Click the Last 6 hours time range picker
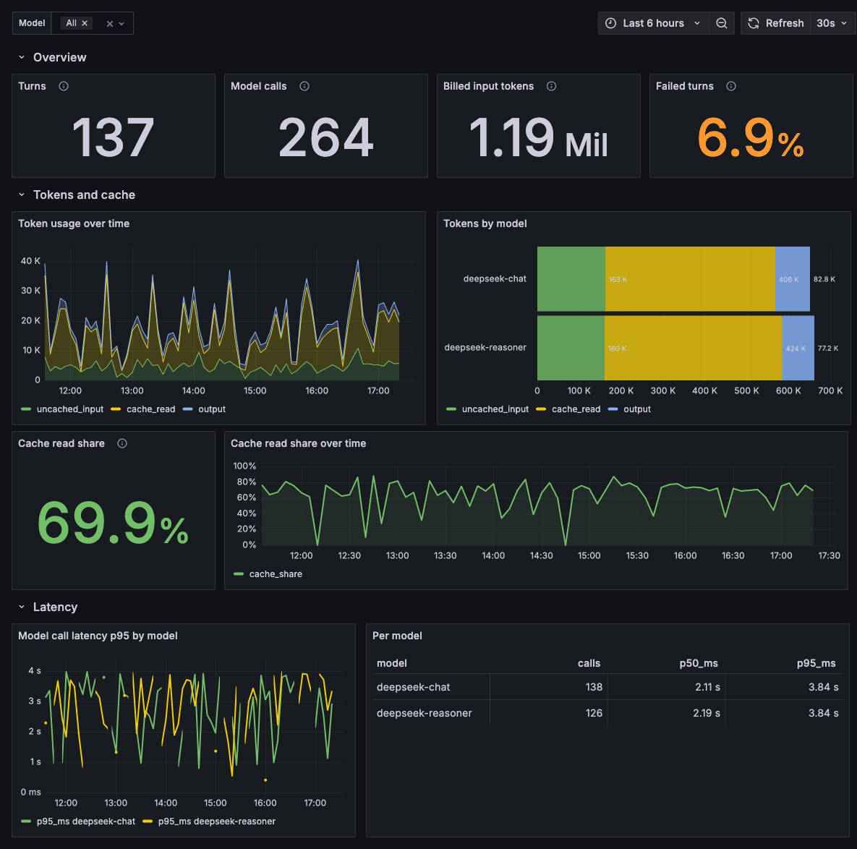click(x=653, y=23)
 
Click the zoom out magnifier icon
click(x=722, y=23)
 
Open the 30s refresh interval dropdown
click(x=831, y=23)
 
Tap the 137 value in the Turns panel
click(x=113, y=137)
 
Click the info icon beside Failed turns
click(x=730, y=86)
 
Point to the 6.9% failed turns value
click(x=751, y=137)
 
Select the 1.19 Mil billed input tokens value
click(x=538, y=137)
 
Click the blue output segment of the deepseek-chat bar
click(x=793, y=279)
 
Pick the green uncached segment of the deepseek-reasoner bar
click(x=571, y=348)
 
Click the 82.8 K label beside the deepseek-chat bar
click(x=824, y=279)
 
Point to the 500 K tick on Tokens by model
click(x=746, y=391)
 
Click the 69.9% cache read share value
click(x=113, y=523)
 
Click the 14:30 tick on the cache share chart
click(x=541, y=555)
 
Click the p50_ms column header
click(x=699, y=663)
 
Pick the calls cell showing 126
click(x=594, y=713)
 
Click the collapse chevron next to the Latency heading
click(x=21, y=607)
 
